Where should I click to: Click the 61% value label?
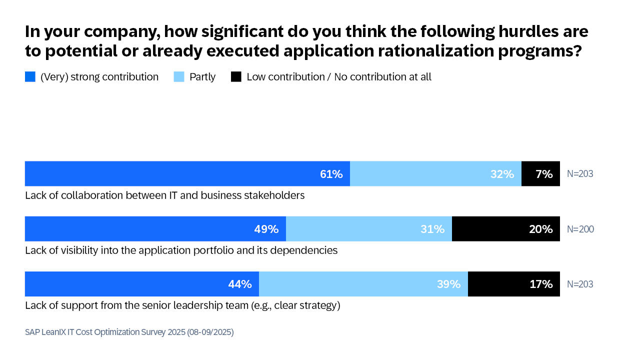331,174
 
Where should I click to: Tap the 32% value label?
502,174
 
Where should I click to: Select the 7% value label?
544,174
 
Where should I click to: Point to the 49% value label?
266,229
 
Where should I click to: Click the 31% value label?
432,229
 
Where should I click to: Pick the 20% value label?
541,229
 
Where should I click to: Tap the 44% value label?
240,284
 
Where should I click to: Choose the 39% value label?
448,284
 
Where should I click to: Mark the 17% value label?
541,284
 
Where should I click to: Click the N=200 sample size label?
580,229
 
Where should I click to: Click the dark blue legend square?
30,77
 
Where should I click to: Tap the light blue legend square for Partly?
179,77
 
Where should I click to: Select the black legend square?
236,77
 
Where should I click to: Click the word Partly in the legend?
202,77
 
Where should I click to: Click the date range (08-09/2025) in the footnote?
210,332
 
